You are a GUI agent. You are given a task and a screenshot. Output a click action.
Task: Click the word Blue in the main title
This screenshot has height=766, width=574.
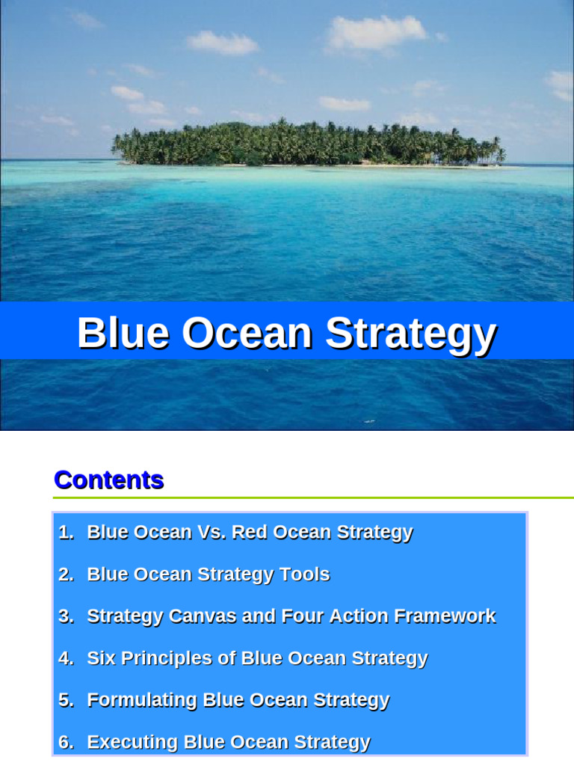123,333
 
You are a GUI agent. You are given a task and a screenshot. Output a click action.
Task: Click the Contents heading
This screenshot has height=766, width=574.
108,479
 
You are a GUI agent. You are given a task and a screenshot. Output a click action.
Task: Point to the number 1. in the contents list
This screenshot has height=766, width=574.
67,533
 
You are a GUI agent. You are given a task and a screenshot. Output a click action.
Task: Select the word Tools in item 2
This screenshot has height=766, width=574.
304,574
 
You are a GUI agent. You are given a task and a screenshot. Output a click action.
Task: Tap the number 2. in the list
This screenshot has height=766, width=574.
67,574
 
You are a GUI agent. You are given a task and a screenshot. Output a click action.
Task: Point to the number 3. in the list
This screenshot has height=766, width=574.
67,616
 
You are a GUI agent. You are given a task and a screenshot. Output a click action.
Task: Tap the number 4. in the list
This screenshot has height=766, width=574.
67,658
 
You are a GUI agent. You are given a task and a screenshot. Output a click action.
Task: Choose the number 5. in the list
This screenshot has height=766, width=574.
67,700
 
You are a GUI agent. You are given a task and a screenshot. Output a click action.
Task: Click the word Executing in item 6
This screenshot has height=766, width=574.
132,742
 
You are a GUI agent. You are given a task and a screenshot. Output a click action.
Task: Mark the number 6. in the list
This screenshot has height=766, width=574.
67,742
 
